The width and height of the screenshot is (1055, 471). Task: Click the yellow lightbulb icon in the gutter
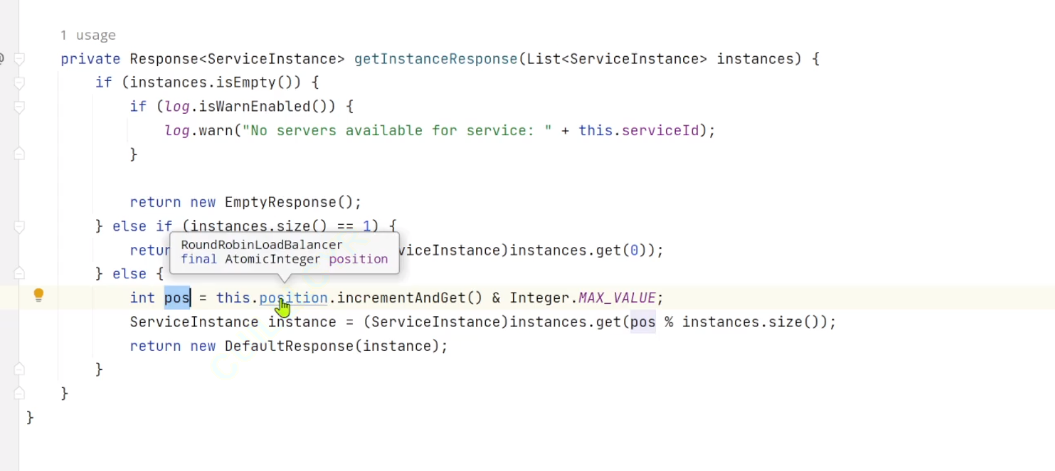pos(38,295)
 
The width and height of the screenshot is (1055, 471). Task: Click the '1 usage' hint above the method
pos(88,35)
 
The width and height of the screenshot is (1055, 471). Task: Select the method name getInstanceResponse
pos(435,59)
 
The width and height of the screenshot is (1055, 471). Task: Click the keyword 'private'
pos(90,59)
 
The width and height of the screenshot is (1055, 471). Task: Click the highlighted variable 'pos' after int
pos(176,298)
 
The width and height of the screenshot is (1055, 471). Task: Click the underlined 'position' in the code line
pos(293,298)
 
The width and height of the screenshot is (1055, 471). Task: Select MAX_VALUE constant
pos(617,298)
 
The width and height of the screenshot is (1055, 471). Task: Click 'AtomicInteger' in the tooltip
pos(272,259)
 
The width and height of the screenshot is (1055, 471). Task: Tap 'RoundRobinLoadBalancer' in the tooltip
pos(261,244)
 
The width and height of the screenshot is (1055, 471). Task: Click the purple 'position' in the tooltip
pos(358,259)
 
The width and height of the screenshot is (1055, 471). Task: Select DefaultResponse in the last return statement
pos(289,346)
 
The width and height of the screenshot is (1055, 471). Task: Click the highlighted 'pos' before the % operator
pos(642,322)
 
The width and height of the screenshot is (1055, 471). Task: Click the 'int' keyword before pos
pos(142,298)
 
